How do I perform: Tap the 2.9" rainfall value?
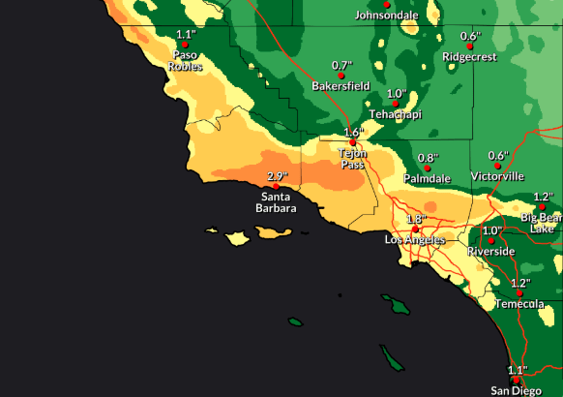coord(278,176)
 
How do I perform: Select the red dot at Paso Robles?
coord(186,46)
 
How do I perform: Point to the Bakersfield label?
coord(341,86)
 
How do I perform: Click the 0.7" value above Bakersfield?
coord(341,65)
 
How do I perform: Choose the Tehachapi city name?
coord(396,114)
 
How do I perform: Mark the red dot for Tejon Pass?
coord(352,142)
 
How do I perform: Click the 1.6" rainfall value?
coord(353,132)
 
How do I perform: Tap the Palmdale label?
coord(427,179)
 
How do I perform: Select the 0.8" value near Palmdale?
coord(428,158)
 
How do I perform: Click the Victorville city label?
coord(497,176)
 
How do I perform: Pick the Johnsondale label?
coord(387,15)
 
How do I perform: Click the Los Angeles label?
coord(415,239)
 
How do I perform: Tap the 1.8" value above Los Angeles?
coord(416,219)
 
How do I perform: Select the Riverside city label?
coord(491,251)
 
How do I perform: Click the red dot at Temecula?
coord(519,292)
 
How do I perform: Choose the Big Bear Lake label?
coord(542,223)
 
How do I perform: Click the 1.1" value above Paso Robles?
coord(186,35)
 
